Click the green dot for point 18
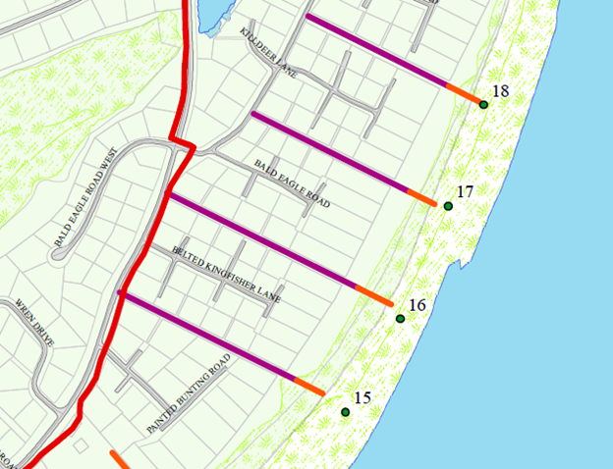coord(483,104)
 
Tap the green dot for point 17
coord(448,206)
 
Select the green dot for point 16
coord(400,319)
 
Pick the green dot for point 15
coord(346,412)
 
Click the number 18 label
coord(500,92)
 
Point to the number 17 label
coord(466,191)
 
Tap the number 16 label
coord(417,305)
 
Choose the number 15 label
coord(362,398)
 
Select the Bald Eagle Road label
coord(292,183)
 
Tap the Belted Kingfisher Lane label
coord(226,274)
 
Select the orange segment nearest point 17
coord(421,197)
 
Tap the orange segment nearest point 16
coord(373,295)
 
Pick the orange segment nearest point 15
coord(308,386)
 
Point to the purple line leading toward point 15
coord(206,336)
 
